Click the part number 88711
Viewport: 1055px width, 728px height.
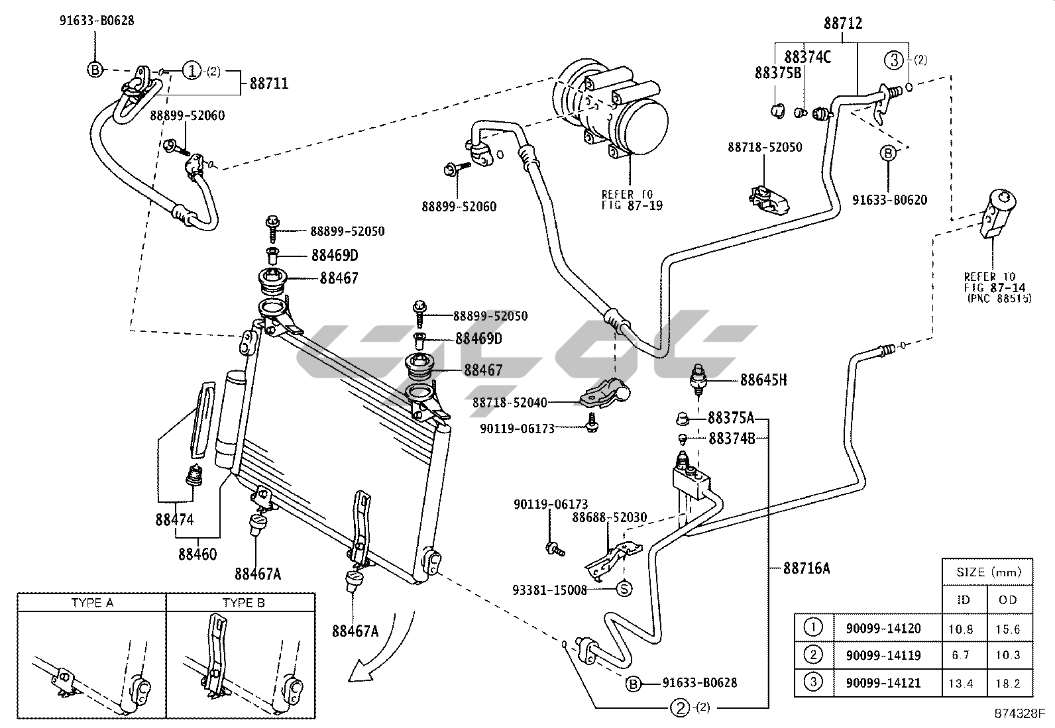point(269,84)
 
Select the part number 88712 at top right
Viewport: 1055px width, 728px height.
point(843,24)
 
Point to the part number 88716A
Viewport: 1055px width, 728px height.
point(807,568)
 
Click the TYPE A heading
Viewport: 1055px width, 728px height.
point(92,603)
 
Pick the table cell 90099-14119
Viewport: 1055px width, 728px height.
point(883,655)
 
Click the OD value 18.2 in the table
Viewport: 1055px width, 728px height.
point(1007,684)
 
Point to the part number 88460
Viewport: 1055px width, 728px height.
point(197,554)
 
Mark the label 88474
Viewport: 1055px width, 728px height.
point(174,519)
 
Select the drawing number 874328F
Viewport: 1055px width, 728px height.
point(1019,713)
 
